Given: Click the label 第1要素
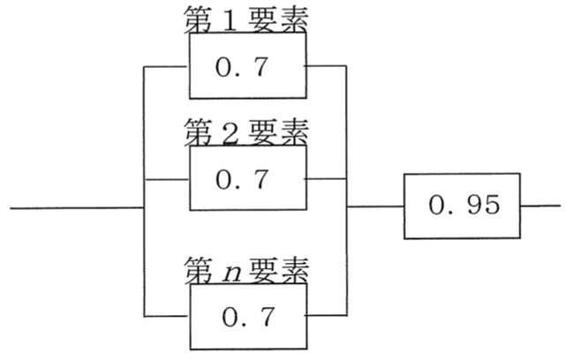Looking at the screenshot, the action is (246, 19).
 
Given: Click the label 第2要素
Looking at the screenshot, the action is (246, 131).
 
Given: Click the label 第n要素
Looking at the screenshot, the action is (246, 270).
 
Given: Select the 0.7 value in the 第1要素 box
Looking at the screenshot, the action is (242, 67).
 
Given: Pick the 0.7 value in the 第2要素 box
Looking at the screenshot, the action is (242, 179).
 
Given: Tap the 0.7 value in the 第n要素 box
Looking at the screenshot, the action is (248, 316).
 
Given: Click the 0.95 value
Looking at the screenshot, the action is (464, 204).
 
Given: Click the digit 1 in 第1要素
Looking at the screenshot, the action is (230, 21).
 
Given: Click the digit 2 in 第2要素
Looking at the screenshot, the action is (230, 133).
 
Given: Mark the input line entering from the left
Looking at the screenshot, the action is (77, 208).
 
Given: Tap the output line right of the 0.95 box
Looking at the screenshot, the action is (540, 206).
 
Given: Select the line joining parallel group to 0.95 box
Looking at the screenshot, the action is (375, 206).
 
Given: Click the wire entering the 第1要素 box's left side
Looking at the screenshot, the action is (166, 67).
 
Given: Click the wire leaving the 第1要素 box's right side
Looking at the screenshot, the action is (326, 66).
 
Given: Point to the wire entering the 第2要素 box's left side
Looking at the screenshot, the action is (167, 179).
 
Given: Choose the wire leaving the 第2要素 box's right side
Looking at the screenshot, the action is (326, 179).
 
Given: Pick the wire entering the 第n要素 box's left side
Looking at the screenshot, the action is (167, 316).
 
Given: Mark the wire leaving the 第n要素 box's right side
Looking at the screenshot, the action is (327, 315).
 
